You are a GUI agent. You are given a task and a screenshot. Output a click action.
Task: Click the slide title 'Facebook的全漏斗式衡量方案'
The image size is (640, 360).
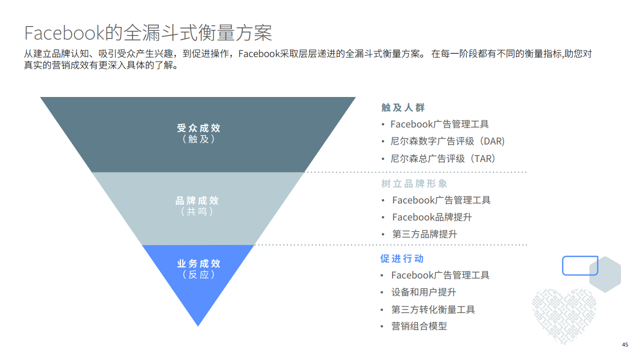point(148,32)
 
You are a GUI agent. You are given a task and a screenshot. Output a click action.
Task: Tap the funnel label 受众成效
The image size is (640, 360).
point(198,128)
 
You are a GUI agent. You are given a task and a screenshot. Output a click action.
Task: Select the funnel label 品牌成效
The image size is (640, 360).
point(197,200)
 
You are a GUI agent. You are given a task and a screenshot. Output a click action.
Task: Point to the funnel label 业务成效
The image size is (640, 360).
point(198,263)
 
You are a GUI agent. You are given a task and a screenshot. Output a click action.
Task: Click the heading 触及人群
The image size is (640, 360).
point(403,107)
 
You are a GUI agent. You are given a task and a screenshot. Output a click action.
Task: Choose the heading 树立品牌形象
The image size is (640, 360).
point(414,183)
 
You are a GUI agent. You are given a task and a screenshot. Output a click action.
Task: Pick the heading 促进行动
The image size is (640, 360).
point(402,258)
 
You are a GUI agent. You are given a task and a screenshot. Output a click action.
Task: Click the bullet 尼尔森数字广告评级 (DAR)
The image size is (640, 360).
point(447,141)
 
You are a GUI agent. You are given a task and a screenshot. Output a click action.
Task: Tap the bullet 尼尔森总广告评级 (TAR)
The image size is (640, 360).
point(444,158)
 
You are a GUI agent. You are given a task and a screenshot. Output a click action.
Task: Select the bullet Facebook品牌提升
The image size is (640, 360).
point(432,217)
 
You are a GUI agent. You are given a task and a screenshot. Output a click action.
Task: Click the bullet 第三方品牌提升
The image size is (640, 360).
point(424,234)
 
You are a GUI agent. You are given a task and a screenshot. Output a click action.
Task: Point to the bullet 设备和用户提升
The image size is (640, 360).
point(423,292)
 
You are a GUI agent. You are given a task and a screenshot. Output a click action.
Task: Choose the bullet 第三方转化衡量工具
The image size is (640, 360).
point(433,309)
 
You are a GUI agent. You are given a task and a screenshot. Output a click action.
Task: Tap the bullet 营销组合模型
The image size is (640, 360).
point(419,326)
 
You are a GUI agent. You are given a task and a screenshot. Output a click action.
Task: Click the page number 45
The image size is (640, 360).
point(625,345)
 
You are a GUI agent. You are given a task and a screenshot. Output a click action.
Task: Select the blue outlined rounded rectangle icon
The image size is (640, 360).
point(580,265)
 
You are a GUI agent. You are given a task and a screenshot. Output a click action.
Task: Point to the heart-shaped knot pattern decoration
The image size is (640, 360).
point(564,314)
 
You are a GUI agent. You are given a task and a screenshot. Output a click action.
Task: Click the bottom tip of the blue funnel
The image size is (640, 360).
point(198,324)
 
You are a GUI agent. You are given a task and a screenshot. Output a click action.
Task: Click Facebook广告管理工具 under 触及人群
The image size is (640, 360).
point(439,124)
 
